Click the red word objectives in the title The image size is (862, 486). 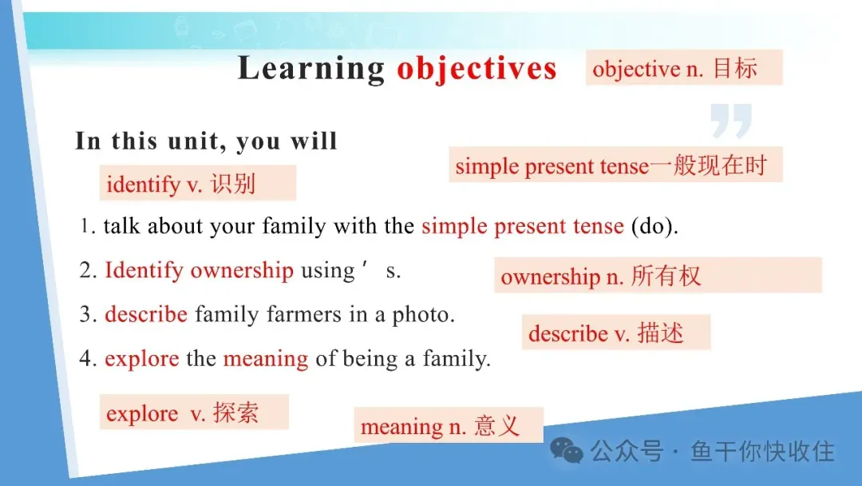tap(476, 70)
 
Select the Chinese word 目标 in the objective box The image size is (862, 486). tap(735, 68)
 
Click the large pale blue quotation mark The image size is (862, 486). tap(730, 120)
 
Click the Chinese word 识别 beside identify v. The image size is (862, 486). tap(233, 183)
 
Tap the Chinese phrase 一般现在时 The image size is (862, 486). tap(708, 165)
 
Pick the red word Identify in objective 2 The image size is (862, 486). tap(144, 271)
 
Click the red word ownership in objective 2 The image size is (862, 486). tap(242, 271)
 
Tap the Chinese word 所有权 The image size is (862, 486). tap(666, 276)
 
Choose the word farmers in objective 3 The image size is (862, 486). tap(304, 314)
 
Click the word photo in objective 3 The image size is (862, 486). tap(423, 315)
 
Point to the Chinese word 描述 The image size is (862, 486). tap(660, 333)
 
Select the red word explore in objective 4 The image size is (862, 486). tap(142, 359)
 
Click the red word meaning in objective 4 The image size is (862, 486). tap(266, 360)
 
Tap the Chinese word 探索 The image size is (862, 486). tap(235, 412)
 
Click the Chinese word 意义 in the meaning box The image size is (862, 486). tap(496, 426)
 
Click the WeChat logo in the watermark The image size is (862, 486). tap(567, 451)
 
